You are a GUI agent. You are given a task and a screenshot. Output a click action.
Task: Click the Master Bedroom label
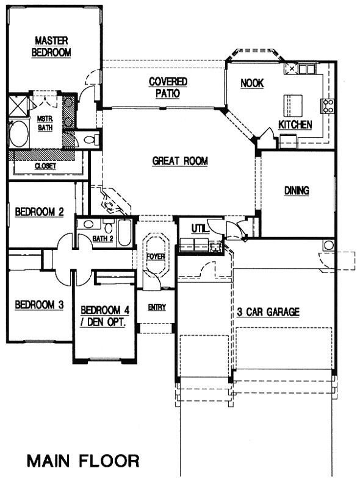click(x=51, y=46)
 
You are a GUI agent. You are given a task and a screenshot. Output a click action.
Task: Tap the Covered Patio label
click(x=168, y=87)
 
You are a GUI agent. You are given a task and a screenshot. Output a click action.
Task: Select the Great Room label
click(x=180, y=161)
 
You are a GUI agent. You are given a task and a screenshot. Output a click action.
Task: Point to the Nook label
click(x=252, y=83)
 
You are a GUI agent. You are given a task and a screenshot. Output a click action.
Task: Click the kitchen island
click(x=293, y=105)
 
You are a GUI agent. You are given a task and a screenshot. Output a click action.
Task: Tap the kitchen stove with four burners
click(x=328, y=106)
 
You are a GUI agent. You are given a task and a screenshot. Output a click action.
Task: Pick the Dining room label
click(x=297, y=191)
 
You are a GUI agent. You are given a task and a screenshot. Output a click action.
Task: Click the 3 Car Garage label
click(x=268, y=312)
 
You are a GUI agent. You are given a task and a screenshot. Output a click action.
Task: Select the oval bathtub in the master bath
click(x=18, y=134)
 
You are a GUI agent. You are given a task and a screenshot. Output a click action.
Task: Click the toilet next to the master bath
click(x=90, y=140)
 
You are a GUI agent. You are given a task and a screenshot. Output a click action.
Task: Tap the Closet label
click(x=45, y=166)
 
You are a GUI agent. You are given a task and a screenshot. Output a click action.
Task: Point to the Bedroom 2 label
click(x=40, y=212)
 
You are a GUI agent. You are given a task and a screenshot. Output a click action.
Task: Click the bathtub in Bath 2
click(x=124, y=233)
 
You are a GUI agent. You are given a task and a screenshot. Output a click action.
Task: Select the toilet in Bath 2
click(x=108, y=227)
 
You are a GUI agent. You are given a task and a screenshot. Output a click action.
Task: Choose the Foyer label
click(x=156, y=256)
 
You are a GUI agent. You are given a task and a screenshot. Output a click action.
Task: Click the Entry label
click(x=157, y=307)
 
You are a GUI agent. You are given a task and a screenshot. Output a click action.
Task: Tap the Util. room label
click(x=200, y=229)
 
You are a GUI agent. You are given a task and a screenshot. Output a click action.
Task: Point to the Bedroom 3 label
click(x=40, y=305)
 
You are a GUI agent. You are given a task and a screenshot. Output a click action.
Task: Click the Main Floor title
click(x=83, y=461)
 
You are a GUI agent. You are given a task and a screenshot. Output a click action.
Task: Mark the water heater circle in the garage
click(x=328, y=246)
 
